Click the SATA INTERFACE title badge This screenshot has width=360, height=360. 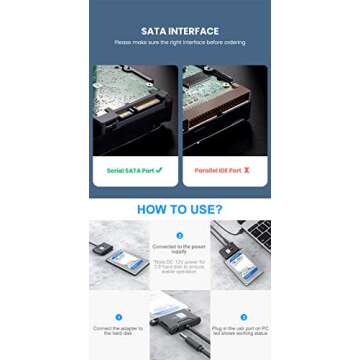pos(179,31)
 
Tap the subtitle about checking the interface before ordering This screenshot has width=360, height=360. pos(179,43)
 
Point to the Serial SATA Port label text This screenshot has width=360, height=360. pos(128,170)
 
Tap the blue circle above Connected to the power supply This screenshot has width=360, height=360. pos(180,235)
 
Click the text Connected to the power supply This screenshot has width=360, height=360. pos(180,249)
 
